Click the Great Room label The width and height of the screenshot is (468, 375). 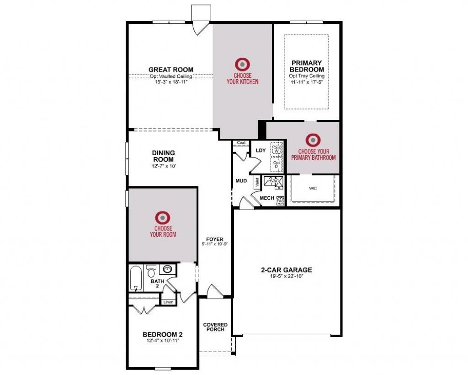click(x=170, y=70)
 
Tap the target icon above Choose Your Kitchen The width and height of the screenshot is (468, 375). click(x=242, y=64)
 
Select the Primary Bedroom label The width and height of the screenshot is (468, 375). click(x=307, y=66)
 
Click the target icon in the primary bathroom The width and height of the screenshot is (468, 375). click(x=313, y=140)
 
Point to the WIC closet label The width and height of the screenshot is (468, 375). click(x=313, y=188)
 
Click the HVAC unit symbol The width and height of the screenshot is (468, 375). click(x=273, y=182)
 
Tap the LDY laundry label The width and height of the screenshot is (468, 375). click(x=261, y=150)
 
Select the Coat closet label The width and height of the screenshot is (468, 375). click(x=241, y=143)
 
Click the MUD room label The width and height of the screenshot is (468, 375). click(x=241, y=181)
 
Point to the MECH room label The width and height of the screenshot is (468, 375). click(x=266, y=198)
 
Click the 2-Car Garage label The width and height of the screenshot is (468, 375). click(x=287, y=270)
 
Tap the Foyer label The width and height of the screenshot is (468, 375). click(x=214, y=239)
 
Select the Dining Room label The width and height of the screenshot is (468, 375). click(x=164, y=156)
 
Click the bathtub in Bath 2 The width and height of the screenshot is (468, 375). click(x=136, y=279)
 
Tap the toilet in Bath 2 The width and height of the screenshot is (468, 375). click(x=151, y=272)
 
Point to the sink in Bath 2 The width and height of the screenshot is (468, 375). click(x=168, y=270)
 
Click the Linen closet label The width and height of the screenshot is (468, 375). click(x=168, y=302)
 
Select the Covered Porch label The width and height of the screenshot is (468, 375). click(x=215, y=327)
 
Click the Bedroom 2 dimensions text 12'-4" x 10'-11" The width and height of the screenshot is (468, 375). click(x=162, y=341)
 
